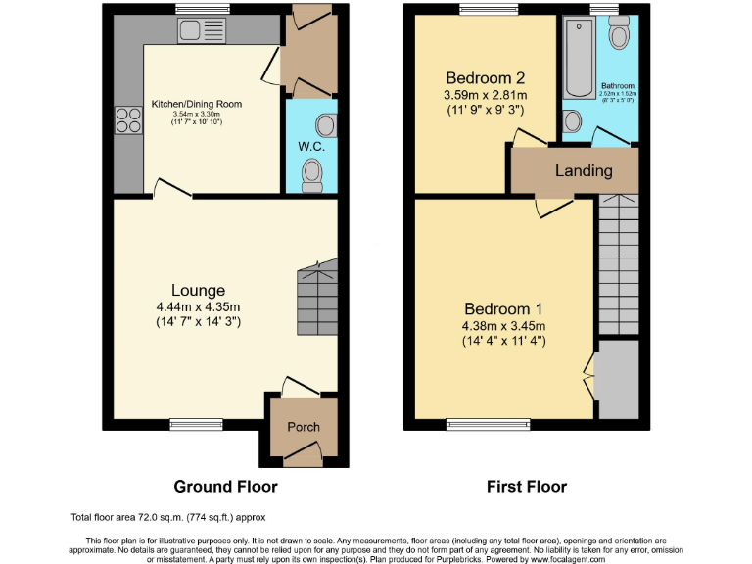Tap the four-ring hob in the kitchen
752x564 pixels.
click(x=128, y=119)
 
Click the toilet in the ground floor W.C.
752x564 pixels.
click(x=312, y=173)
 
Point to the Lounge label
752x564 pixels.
click(x=199, y=290)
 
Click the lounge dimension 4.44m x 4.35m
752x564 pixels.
click(x=199, y=306)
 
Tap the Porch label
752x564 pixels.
click(x=303, y=427)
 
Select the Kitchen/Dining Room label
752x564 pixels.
click(x=196, y=104)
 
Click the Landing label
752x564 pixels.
click(x=584, y=170)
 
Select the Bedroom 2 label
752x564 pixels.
click(x=487, y=78)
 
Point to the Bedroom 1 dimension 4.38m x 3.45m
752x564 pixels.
click(x=504, y=326)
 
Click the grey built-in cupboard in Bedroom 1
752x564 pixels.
click(x=617, y=377)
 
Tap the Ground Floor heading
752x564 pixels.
click(x=225, y=486)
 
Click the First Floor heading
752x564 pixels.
click(x=526, y=486)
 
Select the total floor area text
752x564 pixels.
click(x=167, y=517)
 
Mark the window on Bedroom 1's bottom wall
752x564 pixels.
click(x=487, y=424)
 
